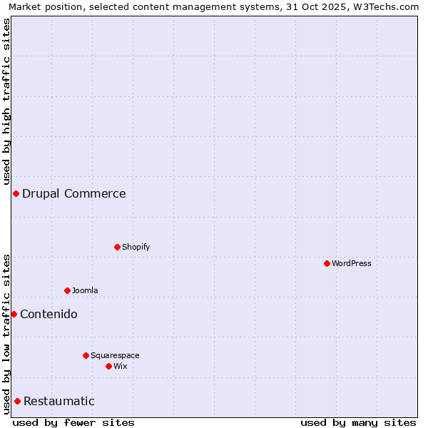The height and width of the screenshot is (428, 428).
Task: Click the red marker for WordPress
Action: coord(327,263)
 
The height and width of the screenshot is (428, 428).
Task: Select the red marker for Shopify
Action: coord(117,247)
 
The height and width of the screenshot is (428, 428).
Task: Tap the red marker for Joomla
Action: coord(67,290)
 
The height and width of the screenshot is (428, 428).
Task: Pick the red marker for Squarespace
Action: coord(86,355)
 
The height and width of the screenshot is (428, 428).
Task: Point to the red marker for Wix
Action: coord(108,366)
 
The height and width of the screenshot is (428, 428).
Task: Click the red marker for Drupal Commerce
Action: coord(16,193)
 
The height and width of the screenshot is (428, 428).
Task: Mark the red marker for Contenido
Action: coord(14,314)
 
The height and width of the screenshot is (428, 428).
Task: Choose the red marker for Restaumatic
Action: coord(17,401)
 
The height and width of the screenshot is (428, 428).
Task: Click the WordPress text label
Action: coord(352,263)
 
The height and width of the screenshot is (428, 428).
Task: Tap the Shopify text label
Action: coord(136,247)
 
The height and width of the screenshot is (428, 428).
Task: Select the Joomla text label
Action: coord(85,290)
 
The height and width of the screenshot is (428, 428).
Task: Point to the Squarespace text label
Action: coord(115,355)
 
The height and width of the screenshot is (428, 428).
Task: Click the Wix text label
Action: coord(121,366)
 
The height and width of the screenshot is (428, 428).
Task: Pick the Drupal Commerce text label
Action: coord(74,193)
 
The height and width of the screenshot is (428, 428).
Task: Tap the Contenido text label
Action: coord(49,314)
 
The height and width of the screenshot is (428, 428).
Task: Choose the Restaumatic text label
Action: coord(59,401)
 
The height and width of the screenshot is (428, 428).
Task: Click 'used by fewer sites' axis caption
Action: coord(73,422)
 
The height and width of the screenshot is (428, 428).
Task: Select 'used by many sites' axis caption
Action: coord(358,422)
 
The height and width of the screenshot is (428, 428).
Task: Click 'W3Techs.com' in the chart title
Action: coord(389,6)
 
